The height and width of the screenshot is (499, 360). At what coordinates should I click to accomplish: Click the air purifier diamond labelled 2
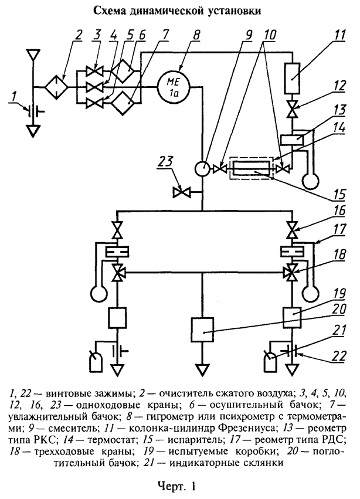(x=57, y=88)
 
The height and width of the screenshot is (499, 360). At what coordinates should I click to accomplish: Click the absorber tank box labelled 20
(x=202, y=331)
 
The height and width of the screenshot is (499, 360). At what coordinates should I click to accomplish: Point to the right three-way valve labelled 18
(x=291, y=273)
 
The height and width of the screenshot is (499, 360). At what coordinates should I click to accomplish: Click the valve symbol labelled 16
(x=291, y=228)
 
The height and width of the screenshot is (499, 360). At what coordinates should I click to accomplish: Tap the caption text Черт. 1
(x=176, y=485)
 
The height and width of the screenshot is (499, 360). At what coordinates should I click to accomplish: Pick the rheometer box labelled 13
(x=291, y=140)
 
